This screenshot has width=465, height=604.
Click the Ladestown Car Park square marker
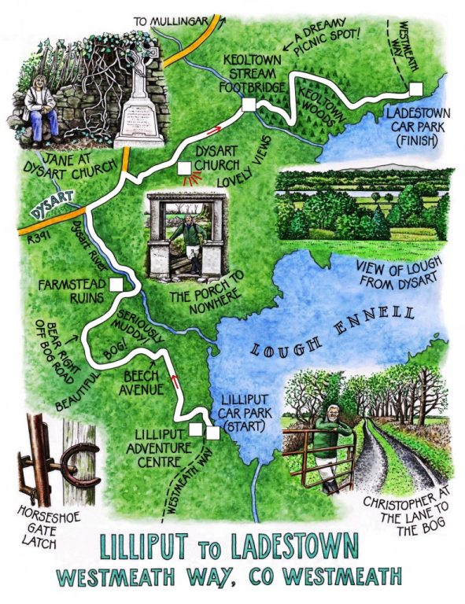(415, 87)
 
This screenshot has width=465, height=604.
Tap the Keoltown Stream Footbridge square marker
(249, 105)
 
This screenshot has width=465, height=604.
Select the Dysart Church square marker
(185, 168)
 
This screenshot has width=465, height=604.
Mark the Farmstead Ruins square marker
(116, 285)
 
